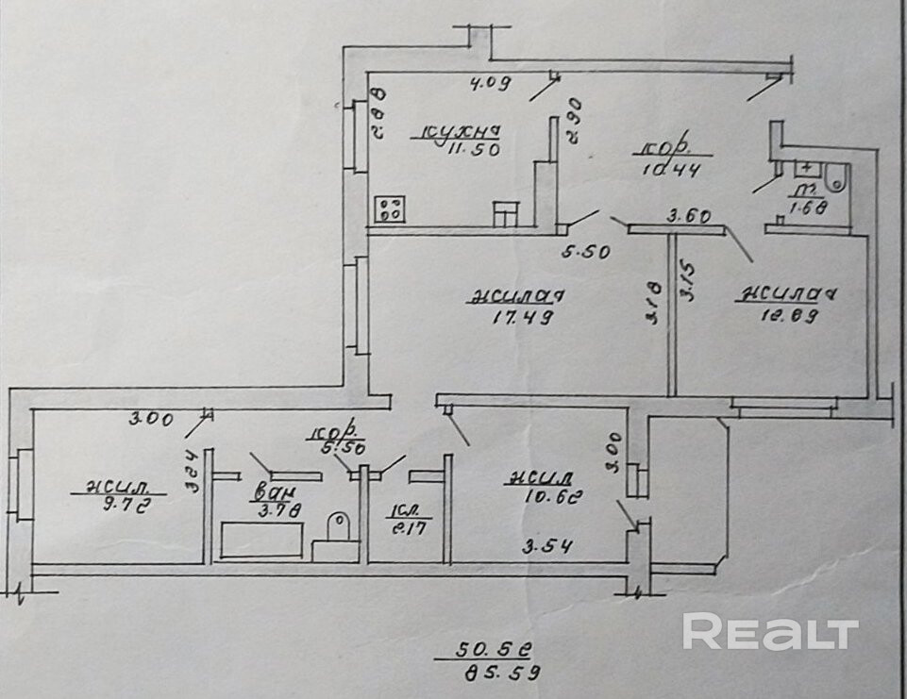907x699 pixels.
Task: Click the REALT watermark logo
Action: click(770, 632)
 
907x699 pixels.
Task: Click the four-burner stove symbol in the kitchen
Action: click(389, 208)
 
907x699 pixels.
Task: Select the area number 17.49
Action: click(522, 318)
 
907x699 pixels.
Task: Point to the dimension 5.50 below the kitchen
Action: click(586, 252)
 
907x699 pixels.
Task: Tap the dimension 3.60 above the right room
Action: click(689, 216)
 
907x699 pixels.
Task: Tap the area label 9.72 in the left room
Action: click(126, 505)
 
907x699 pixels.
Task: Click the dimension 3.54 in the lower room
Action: click(549, 545)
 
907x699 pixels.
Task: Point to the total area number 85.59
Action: click(500, 674)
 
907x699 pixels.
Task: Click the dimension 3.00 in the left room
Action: click(153, 420)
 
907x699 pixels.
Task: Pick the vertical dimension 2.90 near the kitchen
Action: click(573, 121)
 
